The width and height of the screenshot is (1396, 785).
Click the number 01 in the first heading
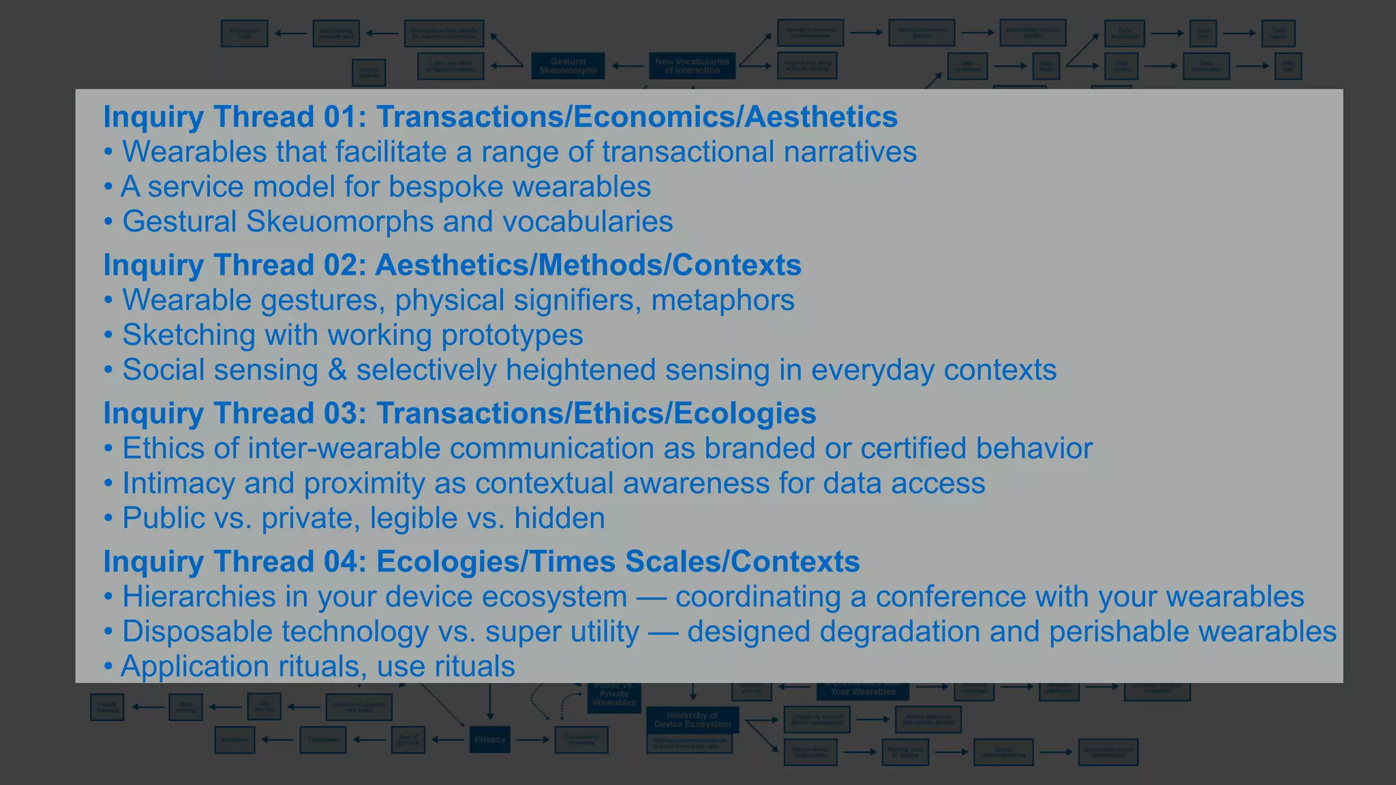coord(345,117)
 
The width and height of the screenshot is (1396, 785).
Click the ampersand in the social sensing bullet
coord(337,370)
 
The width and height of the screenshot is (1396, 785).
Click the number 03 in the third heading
coord(345,414)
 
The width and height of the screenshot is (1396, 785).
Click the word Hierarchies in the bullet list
coord(198,597)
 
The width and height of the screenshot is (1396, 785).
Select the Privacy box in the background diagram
coord(489,739)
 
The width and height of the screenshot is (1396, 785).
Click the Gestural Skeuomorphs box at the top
coord(568,65)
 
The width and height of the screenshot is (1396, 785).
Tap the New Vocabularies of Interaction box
coord(692,65)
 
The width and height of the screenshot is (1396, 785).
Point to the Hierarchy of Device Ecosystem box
coord(692,720)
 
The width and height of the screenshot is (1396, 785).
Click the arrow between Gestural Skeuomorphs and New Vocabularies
coord(627,66)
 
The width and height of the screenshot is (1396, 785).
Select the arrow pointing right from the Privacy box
coord(532,739)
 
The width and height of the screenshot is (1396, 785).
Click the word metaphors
coord(723,301)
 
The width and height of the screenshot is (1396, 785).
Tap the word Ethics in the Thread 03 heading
coord(619,414)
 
